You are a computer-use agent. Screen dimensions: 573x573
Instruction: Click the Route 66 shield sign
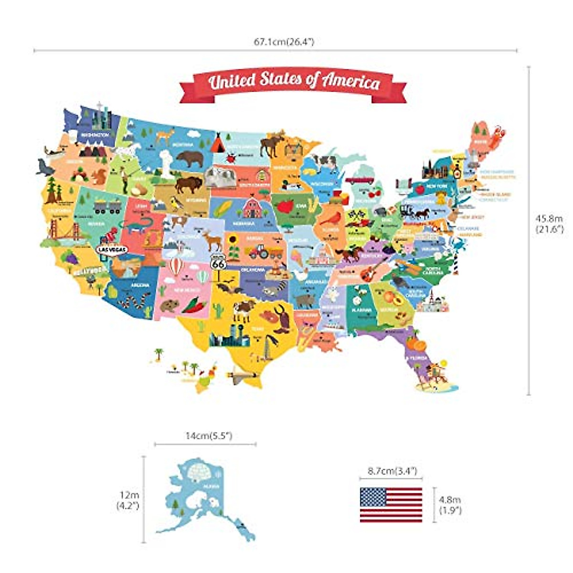(x=218, y=262)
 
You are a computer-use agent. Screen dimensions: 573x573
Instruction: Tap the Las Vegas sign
(x=112, y=249)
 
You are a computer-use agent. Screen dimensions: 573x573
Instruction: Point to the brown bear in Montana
(x=190, y=159)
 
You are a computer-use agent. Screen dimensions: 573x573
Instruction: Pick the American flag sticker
(x=391, y=505)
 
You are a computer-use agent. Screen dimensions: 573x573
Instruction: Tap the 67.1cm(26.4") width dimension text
(x=284, y=42)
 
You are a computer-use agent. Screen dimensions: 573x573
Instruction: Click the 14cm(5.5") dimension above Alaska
(x=209, y=436)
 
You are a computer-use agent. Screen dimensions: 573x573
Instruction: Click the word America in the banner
(x=351, y=82)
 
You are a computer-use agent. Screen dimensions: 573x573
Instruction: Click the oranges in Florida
(x=415, y=344)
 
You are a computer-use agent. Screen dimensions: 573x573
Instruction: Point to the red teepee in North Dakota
(x=218, y=143)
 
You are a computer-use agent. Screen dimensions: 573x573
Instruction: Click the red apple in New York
(x=420, y=190)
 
